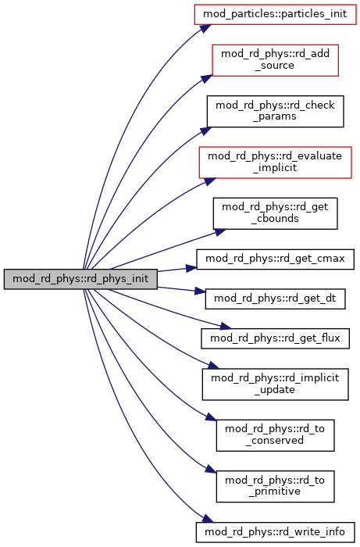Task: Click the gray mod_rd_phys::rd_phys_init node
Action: click(80, 279)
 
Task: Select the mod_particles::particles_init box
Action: click(275, 14)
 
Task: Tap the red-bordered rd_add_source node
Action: click(275, 60)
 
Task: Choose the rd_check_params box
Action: click(275, 111)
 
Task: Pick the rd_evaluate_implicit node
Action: click(275, 163)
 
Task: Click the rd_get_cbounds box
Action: click(275, 213)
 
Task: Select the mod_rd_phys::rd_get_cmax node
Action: click(275, 259)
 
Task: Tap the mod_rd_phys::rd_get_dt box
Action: click(275, 299)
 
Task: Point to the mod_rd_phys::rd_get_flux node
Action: click(275, 338)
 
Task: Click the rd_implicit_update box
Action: click(275, 384)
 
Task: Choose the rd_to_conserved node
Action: click(275, 435)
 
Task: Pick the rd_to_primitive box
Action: click(275, 486)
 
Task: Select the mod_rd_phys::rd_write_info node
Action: click(275, 532)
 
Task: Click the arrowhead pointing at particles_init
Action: click(205, 28)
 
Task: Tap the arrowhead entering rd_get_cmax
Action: click(191, 268)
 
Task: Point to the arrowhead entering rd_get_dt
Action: click(200, 291)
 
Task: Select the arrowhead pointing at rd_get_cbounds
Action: click(220, 232)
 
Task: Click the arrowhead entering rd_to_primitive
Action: click(211, 469)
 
